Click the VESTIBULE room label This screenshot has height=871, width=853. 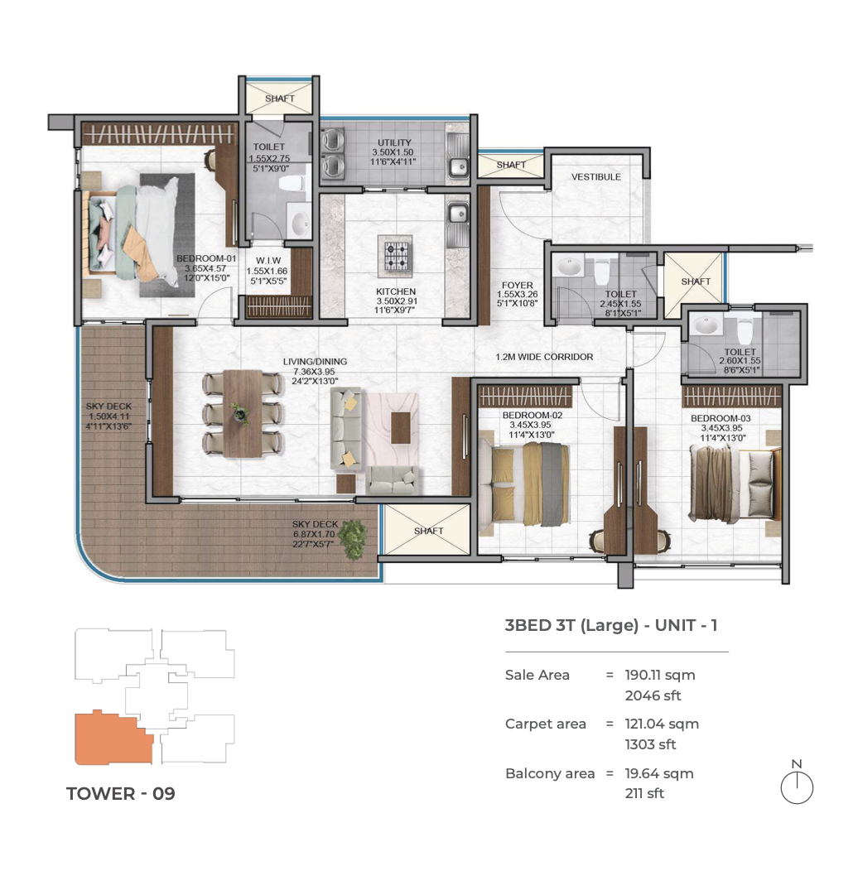pos(595,176)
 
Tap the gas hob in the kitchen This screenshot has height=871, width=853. pos(396,256)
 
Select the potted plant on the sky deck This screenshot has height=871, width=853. pos(352,539)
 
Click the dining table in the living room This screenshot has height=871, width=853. pos(243,413)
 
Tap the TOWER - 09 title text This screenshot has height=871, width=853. pos(121,794)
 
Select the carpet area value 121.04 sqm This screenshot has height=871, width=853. pos(662,724)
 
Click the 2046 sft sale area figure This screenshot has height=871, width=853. pos(653,695)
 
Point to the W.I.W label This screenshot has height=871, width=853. pos(267,261)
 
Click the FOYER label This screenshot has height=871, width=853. pos(518,285)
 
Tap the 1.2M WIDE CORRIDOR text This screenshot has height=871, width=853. pos(544,357)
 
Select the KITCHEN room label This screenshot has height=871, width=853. pos(396,291)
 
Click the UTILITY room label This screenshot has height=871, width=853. pos(394,142)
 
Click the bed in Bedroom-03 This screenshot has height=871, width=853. pos(735,484)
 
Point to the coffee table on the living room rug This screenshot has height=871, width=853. pos(400,427)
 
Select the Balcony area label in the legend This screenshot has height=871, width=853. pos(550,773)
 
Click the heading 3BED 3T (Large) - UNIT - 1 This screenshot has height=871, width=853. pos(611,625)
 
